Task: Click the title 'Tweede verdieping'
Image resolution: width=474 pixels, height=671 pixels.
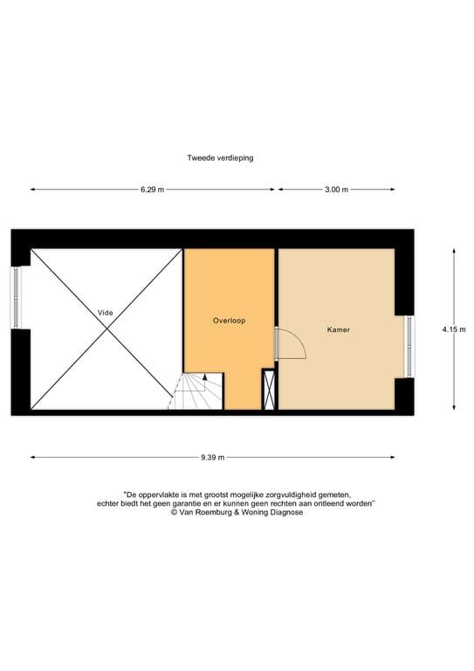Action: coord(220,158)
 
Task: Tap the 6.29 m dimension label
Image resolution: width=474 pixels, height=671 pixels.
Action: coord(152,190)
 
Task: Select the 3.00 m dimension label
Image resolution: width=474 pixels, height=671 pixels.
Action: coord(336,190)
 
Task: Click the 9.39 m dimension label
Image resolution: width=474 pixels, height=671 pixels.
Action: coord(212,457)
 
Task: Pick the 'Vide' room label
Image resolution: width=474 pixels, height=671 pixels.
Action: coord(106,312)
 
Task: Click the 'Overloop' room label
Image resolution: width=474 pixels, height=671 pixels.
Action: coord(230,321)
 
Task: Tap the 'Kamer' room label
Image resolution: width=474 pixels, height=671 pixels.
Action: coord(339,330)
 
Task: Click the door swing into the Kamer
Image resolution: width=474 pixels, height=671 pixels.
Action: coord(292,343)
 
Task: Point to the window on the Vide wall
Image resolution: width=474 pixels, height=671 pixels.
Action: coord(15,298)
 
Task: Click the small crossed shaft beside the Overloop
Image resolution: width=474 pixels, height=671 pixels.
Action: coord(269,390)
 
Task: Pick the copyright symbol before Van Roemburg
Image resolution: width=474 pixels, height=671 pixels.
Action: coord(175,513)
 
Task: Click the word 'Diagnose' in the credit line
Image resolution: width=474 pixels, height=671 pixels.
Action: coord(286,513)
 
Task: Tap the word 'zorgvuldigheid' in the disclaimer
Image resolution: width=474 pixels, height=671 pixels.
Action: coord(300,495)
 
